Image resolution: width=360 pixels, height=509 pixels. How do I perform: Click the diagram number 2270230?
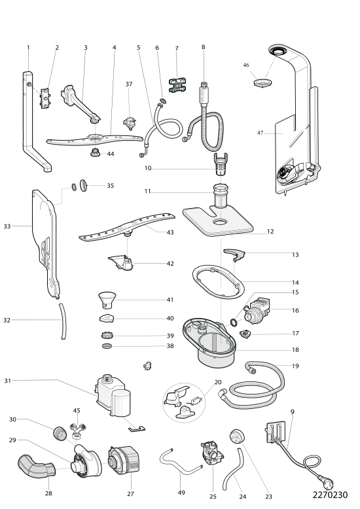(x=330, y=495)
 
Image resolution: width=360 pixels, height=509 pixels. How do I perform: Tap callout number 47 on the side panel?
(x=260, y=133)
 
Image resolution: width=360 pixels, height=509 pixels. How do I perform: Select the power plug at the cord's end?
(x=328, y=483)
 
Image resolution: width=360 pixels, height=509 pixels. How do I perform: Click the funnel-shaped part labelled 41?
(x=107, y=300)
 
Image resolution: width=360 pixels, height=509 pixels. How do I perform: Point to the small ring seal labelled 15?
(x=233, y=322)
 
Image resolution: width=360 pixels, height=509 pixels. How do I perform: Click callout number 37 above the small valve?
(x=129, y=84)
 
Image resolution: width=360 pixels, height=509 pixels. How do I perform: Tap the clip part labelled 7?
(x=177, y=85)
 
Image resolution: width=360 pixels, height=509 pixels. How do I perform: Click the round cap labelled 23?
(x=237, y=436)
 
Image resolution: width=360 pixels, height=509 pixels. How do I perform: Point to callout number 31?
(x=7, y=381)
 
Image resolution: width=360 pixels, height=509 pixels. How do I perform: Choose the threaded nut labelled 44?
(x=95, y=152)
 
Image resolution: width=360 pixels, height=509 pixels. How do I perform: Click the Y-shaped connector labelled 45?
(x=78, y=428)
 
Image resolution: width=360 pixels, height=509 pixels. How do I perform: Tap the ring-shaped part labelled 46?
(x=262, y=82)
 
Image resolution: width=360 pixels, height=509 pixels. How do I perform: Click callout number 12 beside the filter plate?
(x=270, y=232)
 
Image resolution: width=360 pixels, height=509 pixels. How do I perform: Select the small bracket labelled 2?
(x=45, y=99)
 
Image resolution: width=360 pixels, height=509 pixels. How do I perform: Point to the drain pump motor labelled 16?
(x=259, y=311)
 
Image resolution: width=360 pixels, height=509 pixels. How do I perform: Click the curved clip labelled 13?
(x=234, y=254)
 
